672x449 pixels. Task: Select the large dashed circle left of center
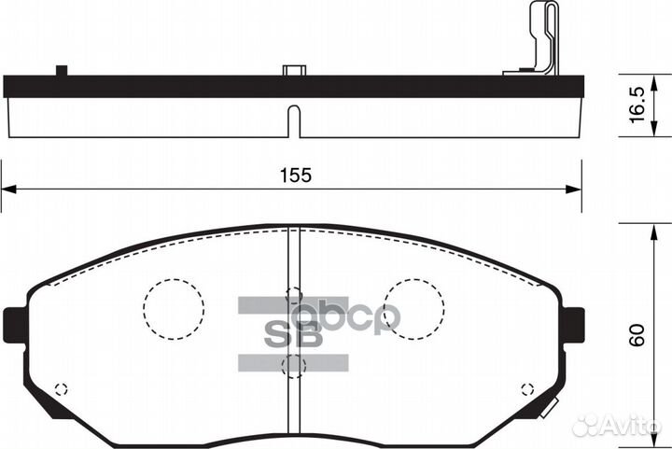174,308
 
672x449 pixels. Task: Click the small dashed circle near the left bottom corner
63,389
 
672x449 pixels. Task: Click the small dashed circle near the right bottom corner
526,388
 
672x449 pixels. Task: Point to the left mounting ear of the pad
15,325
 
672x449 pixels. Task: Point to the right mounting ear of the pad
573,325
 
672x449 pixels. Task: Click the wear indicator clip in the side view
539,42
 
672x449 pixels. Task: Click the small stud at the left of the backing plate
63,70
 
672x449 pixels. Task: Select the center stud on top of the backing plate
293,70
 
